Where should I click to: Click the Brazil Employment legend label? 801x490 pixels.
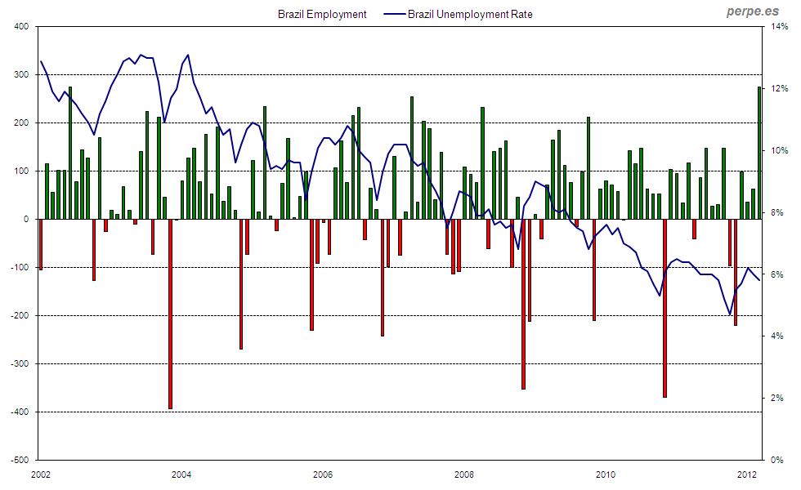[x=322, y=14]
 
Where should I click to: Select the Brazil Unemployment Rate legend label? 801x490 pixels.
[x=470, y=14]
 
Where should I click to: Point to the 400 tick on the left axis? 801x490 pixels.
[x=21, y=27]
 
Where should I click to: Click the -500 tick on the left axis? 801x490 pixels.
[x=20, y=460]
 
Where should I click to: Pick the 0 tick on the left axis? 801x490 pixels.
[x=26, y=219]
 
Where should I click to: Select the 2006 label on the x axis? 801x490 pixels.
[x=323, y=474]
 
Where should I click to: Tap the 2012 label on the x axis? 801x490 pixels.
[x=747, y=474]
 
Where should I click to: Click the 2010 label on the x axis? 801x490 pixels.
[x=606, y=474]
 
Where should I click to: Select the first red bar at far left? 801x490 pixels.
[x=41, y=244]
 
